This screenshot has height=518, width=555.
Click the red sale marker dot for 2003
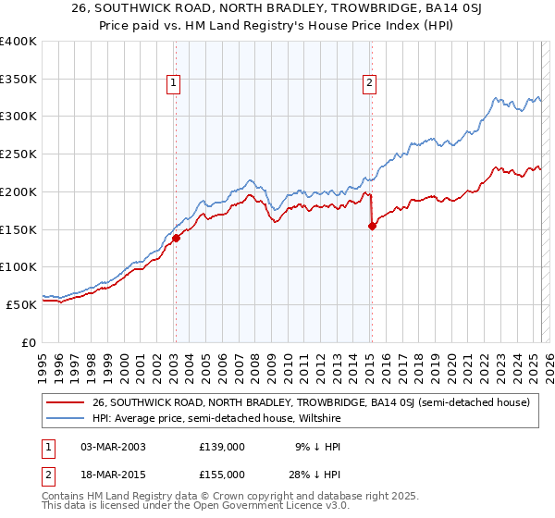pos(176,238)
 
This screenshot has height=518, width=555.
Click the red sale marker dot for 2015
pos(372,225)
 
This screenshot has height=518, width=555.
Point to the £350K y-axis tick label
pos(18,80)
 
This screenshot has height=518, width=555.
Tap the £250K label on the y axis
pos(18,154)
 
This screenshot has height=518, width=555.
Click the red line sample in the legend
pos(66,402)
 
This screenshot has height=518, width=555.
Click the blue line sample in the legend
pos(66,417)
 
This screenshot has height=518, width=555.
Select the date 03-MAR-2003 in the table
pos(114,447)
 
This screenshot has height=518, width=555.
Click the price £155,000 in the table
pos(222,475)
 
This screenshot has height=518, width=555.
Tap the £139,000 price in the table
pos(222,447)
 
